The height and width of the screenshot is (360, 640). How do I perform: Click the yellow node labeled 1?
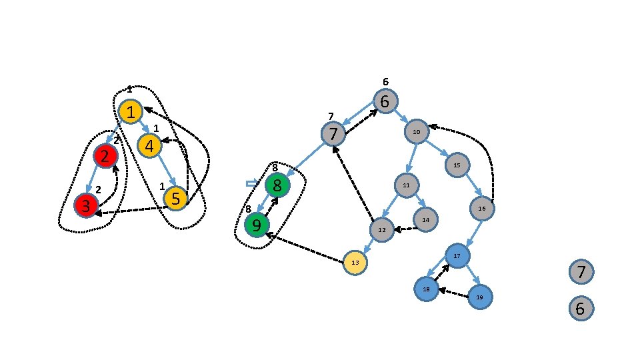coord(131,112)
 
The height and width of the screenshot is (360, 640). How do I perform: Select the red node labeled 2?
coord(105,157)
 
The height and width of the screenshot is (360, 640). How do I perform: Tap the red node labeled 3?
coord(86,205)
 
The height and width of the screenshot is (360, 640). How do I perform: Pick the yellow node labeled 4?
coord(149,145)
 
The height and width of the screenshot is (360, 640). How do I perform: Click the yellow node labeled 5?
coord(175,197)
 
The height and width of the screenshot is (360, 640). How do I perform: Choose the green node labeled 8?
coord(277,185)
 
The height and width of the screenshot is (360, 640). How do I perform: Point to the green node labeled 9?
coord(257,225)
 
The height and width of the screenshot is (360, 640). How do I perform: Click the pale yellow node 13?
coord(355,263)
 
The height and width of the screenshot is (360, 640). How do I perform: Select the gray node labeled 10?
coord(416,132)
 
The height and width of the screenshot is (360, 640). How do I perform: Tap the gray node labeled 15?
coord(457,165)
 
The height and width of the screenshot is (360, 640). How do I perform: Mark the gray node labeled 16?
coord(481,209)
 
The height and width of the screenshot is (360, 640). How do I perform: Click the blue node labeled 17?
coord(457,256)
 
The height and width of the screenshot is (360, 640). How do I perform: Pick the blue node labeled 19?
coord(479,296)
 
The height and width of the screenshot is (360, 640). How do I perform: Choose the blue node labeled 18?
coord(426,289)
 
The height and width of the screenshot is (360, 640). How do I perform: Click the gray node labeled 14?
coord(425,219)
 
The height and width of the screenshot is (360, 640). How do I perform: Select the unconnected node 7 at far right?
coord(581,272)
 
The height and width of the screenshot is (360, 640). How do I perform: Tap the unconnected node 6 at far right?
coord(580,309)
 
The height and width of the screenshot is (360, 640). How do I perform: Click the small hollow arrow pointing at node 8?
coord(251,183)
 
